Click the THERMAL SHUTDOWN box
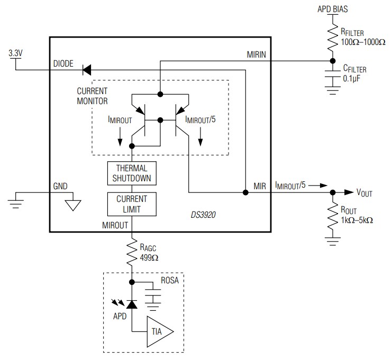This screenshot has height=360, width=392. tap(132, 173)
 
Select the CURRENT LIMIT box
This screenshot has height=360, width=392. tap(132, 204)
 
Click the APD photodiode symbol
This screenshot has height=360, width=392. tap(132, 303)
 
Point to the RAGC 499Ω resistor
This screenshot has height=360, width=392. tap(132, 253)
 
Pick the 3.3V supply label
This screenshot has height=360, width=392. tap(16, 53)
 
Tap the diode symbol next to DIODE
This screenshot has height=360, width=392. tap(86, 68)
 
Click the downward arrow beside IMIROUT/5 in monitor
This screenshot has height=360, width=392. tap(201, 140)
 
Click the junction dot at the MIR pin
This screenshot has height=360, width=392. tap(245, 192)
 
